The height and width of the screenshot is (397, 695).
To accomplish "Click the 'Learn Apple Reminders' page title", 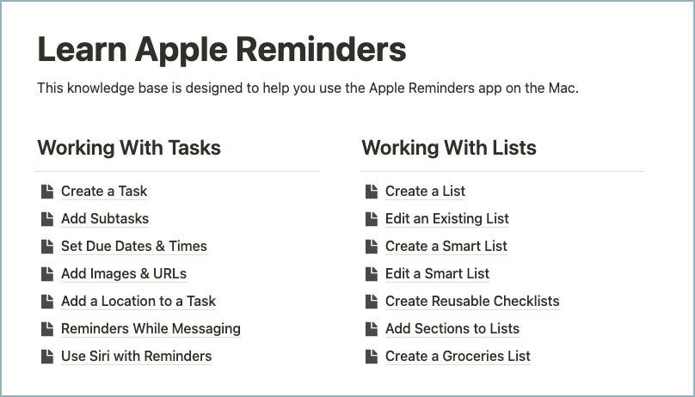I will tap(221, 50).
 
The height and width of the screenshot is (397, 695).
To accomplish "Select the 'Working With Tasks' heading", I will tap(129, 148).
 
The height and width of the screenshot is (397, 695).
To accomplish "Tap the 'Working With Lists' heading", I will tap(448, 148).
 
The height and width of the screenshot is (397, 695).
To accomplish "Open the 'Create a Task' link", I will tap(104, 192).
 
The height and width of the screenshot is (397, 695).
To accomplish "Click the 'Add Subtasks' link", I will tap(105, 219).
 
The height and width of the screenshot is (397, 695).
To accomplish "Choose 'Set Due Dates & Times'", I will tap(133, 247).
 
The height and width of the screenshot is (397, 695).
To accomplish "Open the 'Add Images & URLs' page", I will tap(123, 274).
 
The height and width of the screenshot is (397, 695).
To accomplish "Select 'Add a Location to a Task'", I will tap(138, 302).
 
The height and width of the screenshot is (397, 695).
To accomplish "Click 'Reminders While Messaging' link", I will tap(151, 329).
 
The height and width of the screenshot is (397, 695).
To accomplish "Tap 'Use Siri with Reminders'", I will tap(136, 357).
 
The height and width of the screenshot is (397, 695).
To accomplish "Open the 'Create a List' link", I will tap(425, 192).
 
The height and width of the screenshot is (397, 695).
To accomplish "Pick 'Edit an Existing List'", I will tap(446, 219).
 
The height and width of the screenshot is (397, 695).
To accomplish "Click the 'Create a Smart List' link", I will tap(446, 247).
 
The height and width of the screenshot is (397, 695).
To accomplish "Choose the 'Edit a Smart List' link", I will tap(437, 274).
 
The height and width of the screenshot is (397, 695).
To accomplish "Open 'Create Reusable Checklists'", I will tap(472, 302).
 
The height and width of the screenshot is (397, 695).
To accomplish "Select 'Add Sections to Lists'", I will tap(452, 329).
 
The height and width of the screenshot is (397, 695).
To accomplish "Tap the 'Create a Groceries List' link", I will tap(458, 357).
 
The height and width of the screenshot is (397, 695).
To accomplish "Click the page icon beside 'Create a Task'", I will tap(46, 191).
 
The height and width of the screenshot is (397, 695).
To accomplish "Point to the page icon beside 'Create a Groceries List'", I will tap(371, 356).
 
